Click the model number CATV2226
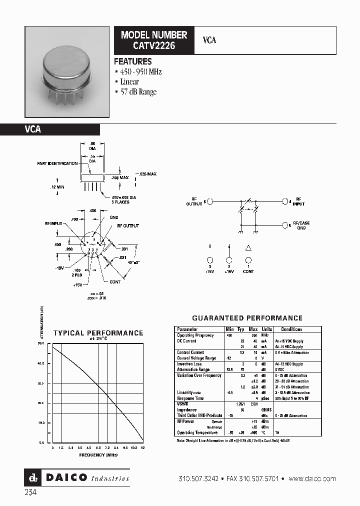pos(153,45)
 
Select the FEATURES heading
pos(132,61)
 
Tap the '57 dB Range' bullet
pos(138,91)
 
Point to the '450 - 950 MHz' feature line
pos(140,72)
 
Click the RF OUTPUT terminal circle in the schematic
pos(210,201)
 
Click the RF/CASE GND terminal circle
pos(285,225)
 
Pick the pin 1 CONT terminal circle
pos(248,260)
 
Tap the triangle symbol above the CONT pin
pos(248,247)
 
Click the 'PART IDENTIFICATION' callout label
pos(57,163)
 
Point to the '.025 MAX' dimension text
pos(147,174)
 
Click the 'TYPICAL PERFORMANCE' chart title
pos(98,333)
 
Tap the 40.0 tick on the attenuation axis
pos(41,363)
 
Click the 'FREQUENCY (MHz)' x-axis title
pos(98,455)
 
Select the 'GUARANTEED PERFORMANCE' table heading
pos(247,318)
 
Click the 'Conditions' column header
pos(291,329)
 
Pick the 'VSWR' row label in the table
pos(181,403)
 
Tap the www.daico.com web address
pos(312,479)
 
